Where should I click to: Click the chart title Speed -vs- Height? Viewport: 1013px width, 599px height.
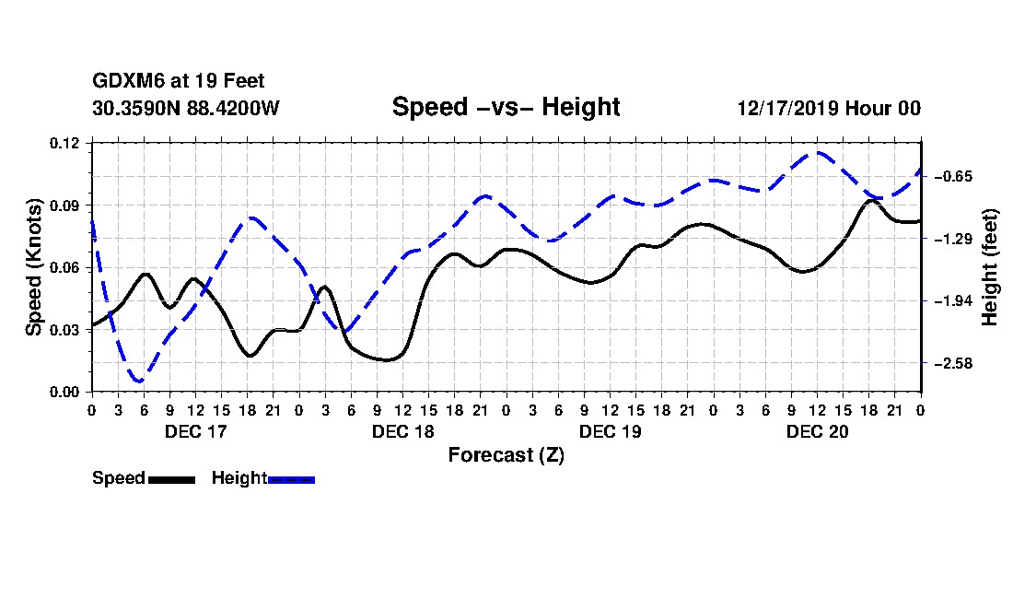click(506, 107)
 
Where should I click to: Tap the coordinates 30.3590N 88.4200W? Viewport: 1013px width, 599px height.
click(186, 108)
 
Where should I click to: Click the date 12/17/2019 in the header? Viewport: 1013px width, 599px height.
click(787, 108)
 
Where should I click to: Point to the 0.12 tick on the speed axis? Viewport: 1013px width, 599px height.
click(64, 143)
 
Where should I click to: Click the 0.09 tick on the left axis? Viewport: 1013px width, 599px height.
click(64, 206)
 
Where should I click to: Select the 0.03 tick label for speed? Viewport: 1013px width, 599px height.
click(64, 330)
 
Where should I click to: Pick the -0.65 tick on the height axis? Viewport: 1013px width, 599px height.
click(953, 176)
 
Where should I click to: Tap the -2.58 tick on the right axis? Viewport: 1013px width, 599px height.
click(953, 364)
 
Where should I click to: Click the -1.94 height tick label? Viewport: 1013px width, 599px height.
click(953, 301)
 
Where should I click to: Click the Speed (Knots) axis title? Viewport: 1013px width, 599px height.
click(33, 267)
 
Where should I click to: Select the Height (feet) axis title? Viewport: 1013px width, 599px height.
click(990, 267)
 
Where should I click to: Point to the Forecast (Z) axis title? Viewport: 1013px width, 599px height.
click(506, 455)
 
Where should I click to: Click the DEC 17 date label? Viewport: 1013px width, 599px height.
click(196, 431)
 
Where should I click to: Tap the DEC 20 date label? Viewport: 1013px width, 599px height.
click(817, 431)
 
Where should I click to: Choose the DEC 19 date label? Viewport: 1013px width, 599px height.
click(611, 431)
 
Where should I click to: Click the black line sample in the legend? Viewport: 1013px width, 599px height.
click(172, 479)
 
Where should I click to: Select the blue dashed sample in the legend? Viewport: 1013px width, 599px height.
click(291, 479)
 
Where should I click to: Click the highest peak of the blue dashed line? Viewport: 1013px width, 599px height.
click(818, 153)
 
